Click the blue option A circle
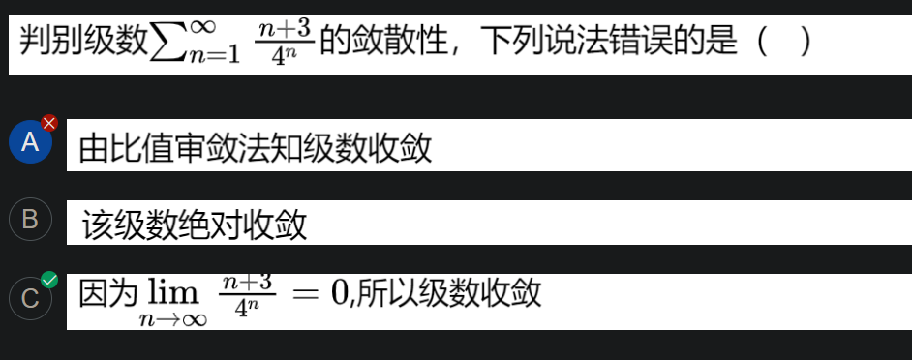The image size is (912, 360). click(x=30, y=143)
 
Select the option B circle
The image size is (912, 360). click(x=30, y=220)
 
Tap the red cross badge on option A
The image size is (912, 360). click(x=49, y=123)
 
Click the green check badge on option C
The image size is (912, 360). click(x=49, y=281)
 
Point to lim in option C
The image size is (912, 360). click(x=171, y=293)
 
